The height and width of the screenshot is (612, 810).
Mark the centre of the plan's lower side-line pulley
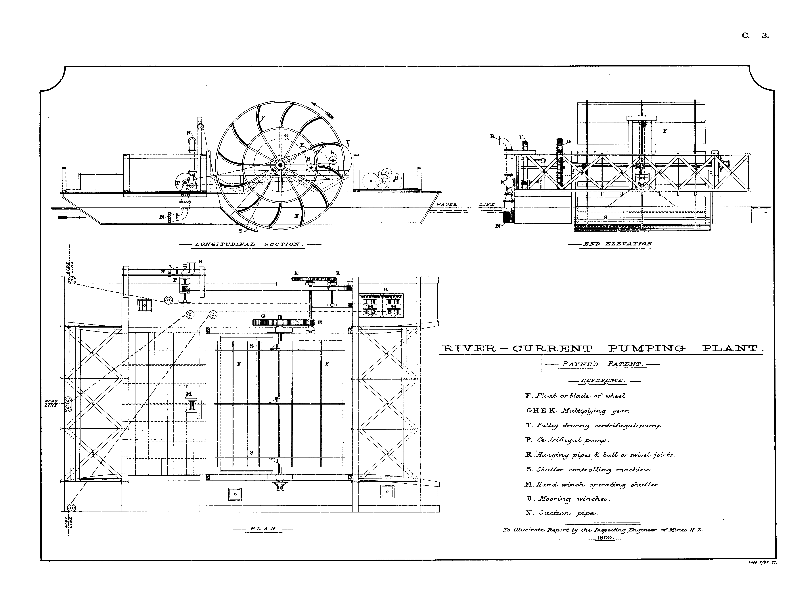point(71,508)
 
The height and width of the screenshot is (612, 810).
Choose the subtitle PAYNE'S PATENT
point(602,364)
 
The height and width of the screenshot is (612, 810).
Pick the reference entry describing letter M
point(592,485)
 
